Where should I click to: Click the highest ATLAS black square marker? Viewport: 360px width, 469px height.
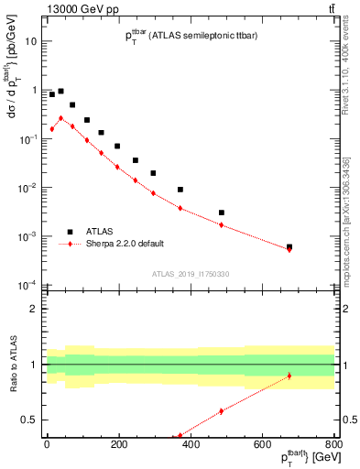pos(60,92)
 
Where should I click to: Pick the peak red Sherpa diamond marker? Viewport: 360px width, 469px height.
pos(60,118)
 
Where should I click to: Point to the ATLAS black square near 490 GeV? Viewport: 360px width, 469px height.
pos(222,213)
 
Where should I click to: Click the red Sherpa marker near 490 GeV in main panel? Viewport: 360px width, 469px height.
pos(222,224)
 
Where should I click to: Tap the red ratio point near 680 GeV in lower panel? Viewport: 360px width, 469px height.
pos(289,376)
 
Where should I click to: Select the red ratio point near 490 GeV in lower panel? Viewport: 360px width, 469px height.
pos(222,411)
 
